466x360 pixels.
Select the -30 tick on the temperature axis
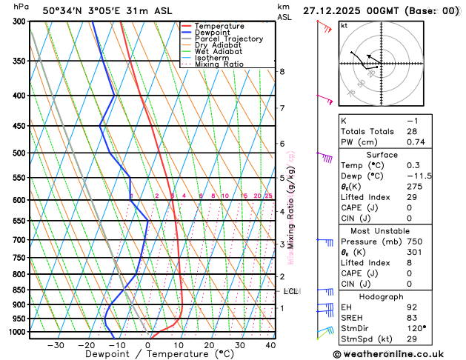(x=56, y=344)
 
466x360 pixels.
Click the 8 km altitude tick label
(x=282, y=71)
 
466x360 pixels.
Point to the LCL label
(x=290, y=292)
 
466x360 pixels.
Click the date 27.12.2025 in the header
(x=333, y=11)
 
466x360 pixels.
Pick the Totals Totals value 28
(x=411, y=131)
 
